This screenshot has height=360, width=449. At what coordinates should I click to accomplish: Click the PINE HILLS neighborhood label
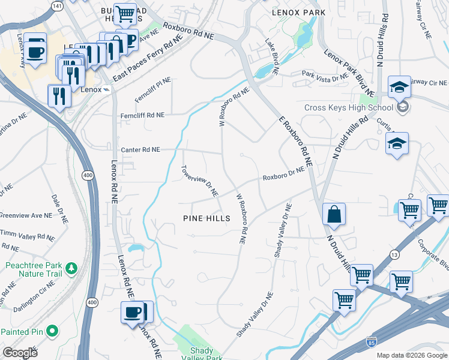coord(206,219)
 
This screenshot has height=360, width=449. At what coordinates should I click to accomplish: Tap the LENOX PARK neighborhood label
coord(298,12)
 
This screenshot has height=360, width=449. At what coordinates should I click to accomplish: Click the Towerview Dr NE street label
coord(200,181)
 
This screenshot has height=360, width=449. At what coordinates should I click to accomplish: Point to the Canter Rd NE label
coord(140,149)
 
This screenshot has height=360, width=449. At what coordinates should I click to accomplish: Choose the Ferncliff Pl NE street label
coord(153,88)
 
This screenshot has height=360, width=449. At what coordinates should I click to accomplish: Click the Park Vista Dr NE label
coord(325,76)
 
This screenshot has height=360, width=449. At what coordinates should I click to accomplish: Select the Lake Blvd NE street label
coord(273,57)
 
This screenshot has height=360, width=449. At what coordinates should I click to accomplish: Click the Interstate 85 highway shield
coord(372,343)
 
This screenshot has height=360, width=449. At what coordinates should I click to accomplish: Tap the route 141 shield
coord(57,5)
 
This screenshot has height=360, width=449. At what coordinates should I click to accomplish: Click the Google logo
coord(20,353)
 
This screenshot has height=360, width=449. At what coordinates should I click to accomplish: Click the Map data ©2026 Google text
coord(411,355)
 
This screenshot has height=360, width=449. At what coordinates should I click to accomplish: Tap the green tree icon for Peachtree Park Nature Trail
coord(71,267)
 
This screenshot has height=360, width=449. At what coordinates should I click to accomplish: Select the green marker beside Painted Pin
coord(52,331)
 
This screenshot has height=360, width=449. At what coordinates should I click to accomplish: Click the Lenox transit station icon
coord(106,90)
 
